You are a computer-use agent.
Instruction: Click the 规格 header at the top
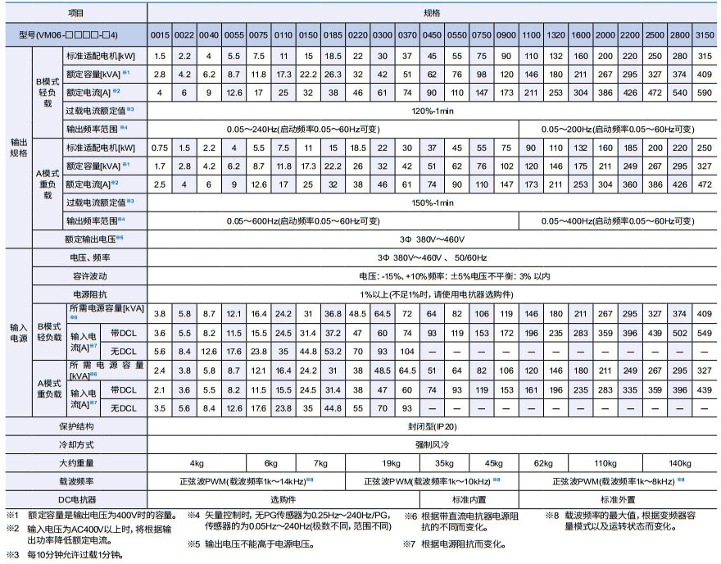pos(432,14)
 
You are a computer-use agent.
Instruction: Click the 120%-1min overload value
pos(432,109)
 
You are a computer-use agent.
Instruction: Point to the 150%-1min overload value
pos(432,202)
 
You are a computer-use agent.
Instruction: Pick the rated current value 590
pos(704,91)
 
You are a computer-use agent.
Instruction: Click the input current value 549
pos(704,333)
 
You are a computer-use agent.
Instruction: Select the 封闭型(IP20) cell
pos(432,426)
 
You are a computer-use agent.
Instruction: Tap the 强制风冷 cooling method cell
pos(432,444)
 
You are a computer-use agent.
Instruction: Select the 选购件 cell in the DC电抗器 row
pos(283,498)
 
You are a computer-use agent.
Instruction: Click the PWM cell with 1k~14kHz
pos(249,480)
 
